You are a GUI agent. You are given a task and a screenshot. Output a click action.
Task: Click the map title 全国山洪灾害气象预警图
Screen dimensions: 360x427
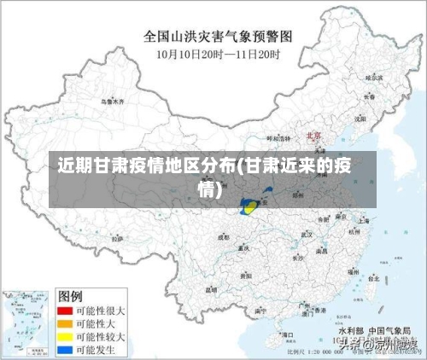tap(219, 37)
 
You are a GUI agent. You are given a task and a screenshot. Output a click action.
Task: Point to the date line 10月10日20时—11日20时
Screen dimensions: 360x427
tap(219, 53)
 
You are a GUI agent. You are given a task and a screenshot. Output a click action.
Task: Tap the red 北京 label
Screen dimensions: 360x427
tap(313, 136)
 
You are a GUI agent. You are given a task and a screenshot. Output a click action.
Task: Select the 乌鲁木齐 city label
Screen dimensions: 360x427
tap(112, 101)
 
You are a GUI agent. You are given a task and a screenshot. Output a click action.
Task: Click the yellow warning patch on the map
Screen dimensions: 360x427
tap(250, 205)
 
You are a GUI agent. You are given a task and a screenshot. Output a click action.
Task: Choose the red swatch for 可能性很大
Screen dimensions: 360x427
tap(64, 311)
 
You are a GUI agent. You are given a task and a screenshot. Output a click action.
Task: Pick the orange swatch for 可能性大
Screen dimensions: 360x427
tap(64, 323)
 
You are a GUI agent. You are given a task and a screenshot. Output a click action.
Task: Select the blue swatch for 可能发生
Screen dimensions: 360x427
tap(64, 349)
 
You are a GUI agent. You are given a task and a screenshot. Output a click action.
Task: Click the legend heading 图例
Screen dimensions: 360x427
tap(69, 295)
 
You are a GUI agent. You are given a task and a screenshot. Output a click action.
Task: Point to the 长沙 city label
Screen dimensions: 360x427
tap(297, 256)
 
